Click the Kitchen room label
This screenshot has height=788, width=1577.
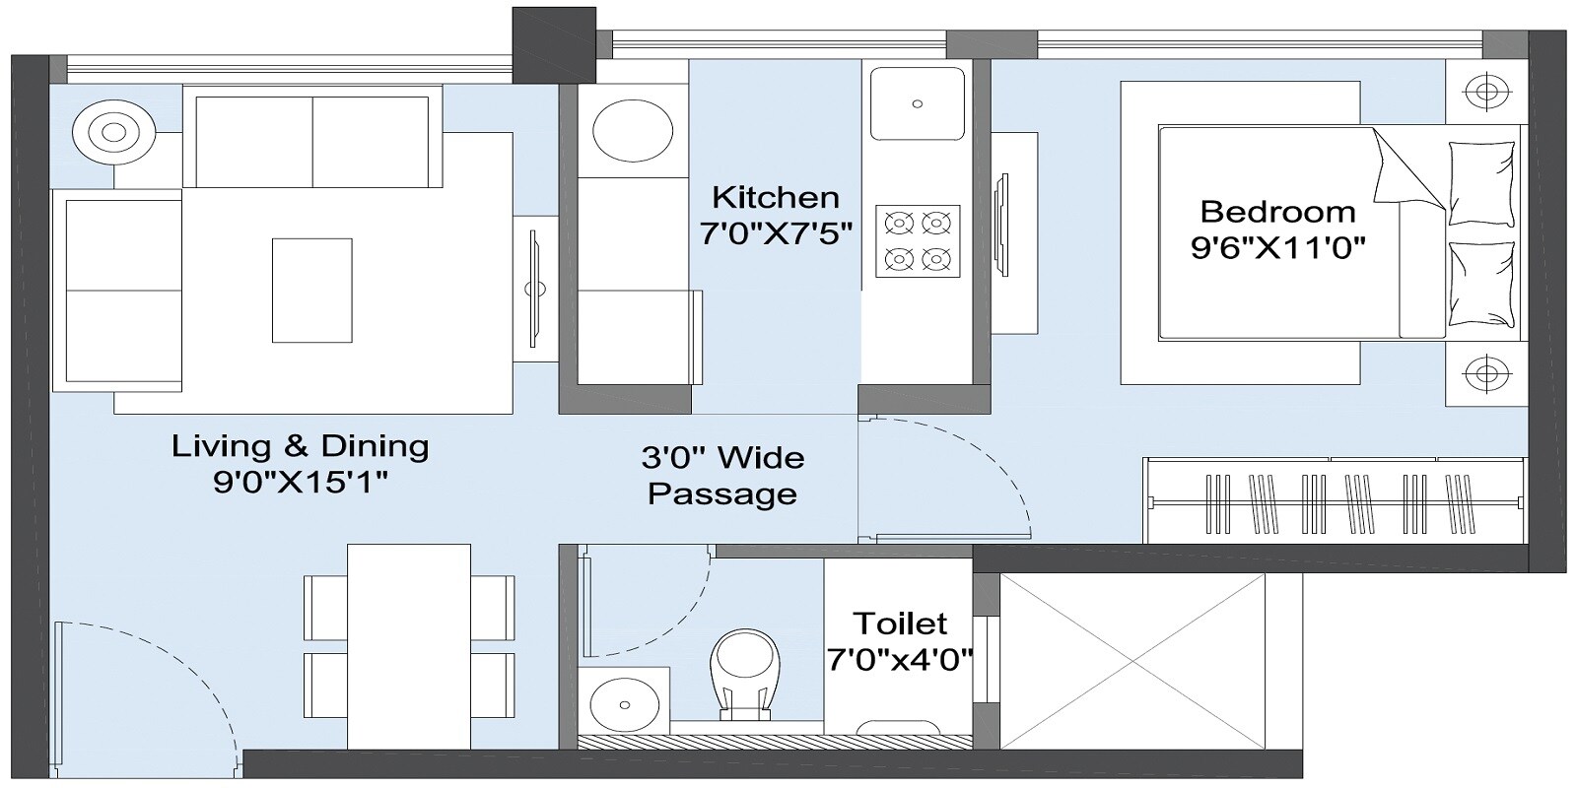[x=776, y=197]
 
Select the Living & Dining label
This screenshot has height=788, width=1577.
[x=301, y=446]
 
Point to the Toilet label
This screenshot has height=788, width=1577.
[x=899, y=624]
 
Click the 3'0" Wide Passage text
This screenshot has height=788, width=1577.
[x=722, y=475]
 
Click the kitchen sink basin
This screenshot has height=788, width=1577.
[x=918, y=102]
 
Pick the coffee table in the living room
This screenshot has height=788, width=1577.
[x=311, y=290]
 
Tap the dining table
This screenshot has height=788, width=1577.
[x=408, y=645]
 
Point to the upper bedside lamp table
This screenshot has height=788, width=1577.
[x=1485, y=93]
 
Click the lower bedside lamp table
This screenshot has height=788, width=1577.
[x=1485, y=373]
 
